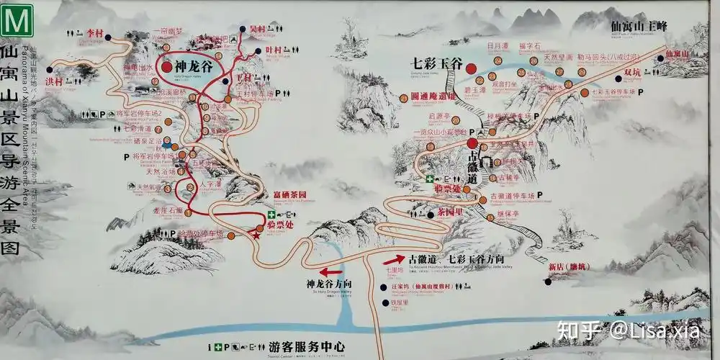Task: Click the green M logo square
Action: click(17, 21)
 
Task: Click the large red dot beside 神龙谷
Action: click(168, 67)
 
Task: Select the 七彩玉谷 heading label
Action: click(436, 63)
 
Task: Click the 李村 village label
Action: click(95, 33)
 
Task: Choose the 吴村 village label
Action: click(257, 30)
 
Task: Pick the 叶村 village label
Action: click(274, 50)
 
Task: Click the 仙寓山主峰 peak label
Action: click(639, 25)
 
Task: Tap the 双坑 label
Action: click(632, 72)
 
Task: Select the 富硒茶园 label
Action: click(290, 195)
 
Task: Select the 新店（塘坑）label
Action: click(569, 266)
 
